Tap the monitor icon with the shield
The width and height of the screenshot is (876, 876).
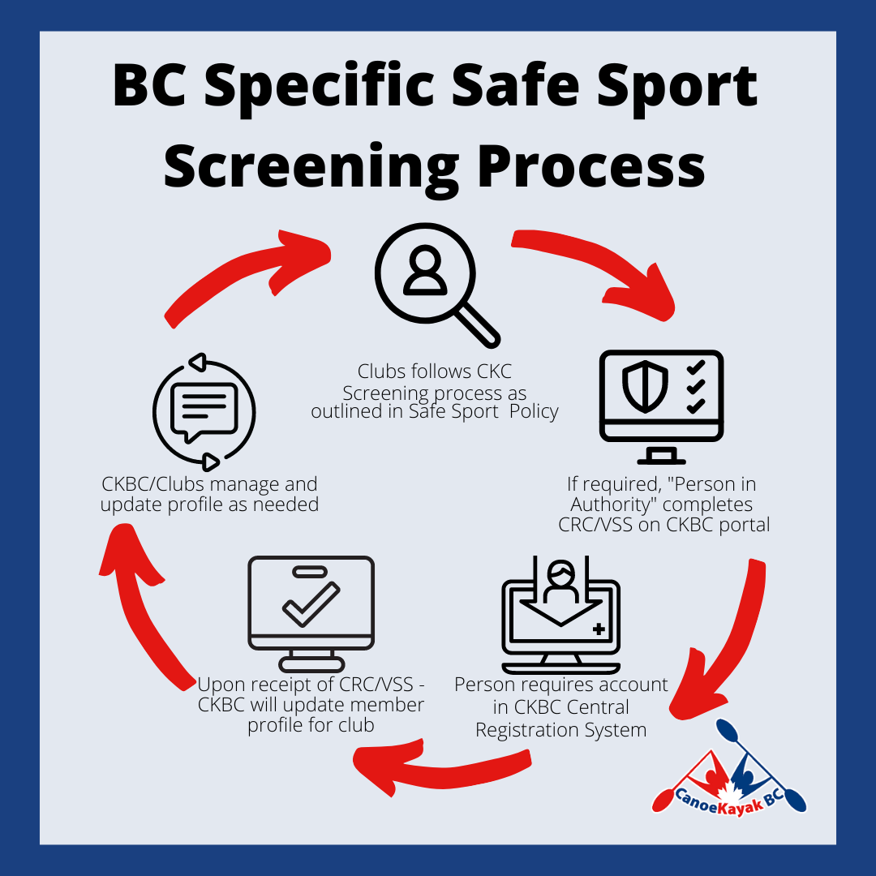click(x=661, y=406)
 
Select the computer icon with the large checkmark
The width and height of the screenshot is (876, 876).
click(x=311, y=613)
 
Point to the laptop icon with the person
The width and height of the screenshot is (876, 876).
click(x=561, y=615)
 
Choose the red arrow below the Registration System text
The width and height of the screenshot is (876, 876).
click(x=441, y=768)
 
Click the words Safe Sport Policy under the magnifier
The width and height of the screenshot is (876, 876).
click(x=483, y=411)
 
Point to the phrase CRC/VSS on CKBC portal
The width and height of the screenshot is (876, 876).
click(x=663, y=525)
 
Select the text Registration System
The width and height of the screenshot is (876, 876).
click(x=561, y=730)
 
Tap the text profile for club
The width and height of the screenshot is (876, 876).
click(x=311, y=725)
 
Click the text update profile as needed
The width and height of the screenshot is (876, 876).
click(x=209, y=505)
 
